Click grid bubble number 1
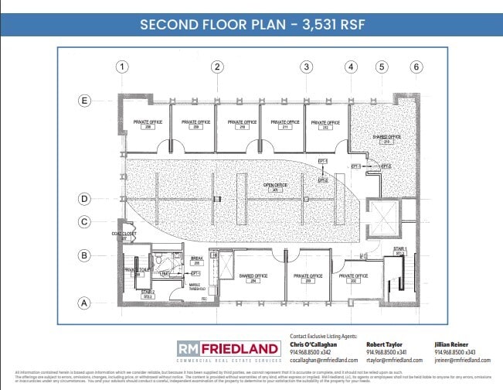[x=121, y=67]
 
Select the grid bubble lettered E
[x=85, y=100]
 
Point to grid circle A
[x=85, y=303]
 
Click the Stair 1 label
[x=399, y=251]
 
